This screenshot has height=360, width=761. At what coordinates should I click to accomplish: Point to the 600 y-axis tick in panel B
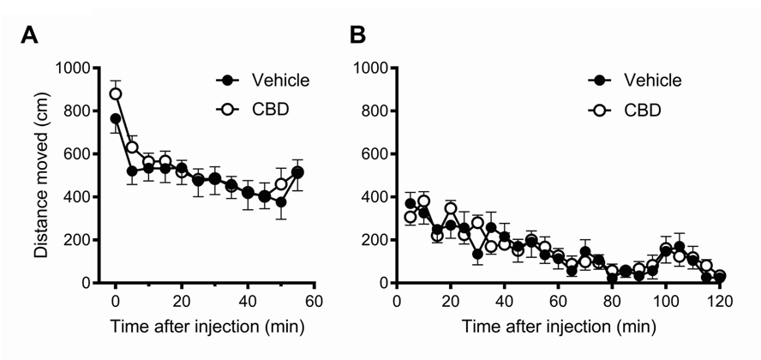pos(377,153)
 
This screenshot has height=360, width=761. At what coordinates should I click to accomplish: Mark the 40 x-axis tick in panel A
pos(247,301)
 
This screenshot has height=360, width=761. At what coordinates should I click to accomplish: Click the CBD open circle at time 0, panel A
pos(116,93)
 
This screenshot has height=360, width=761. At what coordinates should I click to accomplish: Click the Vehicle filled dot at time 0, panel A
pos(116,118)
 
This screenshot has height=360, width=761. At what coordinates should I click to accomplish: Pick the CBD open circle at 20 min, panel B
pos(451,208)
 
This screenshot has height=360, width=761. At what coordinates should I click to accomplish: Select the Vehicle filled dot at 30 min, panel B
pos(477,254)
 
